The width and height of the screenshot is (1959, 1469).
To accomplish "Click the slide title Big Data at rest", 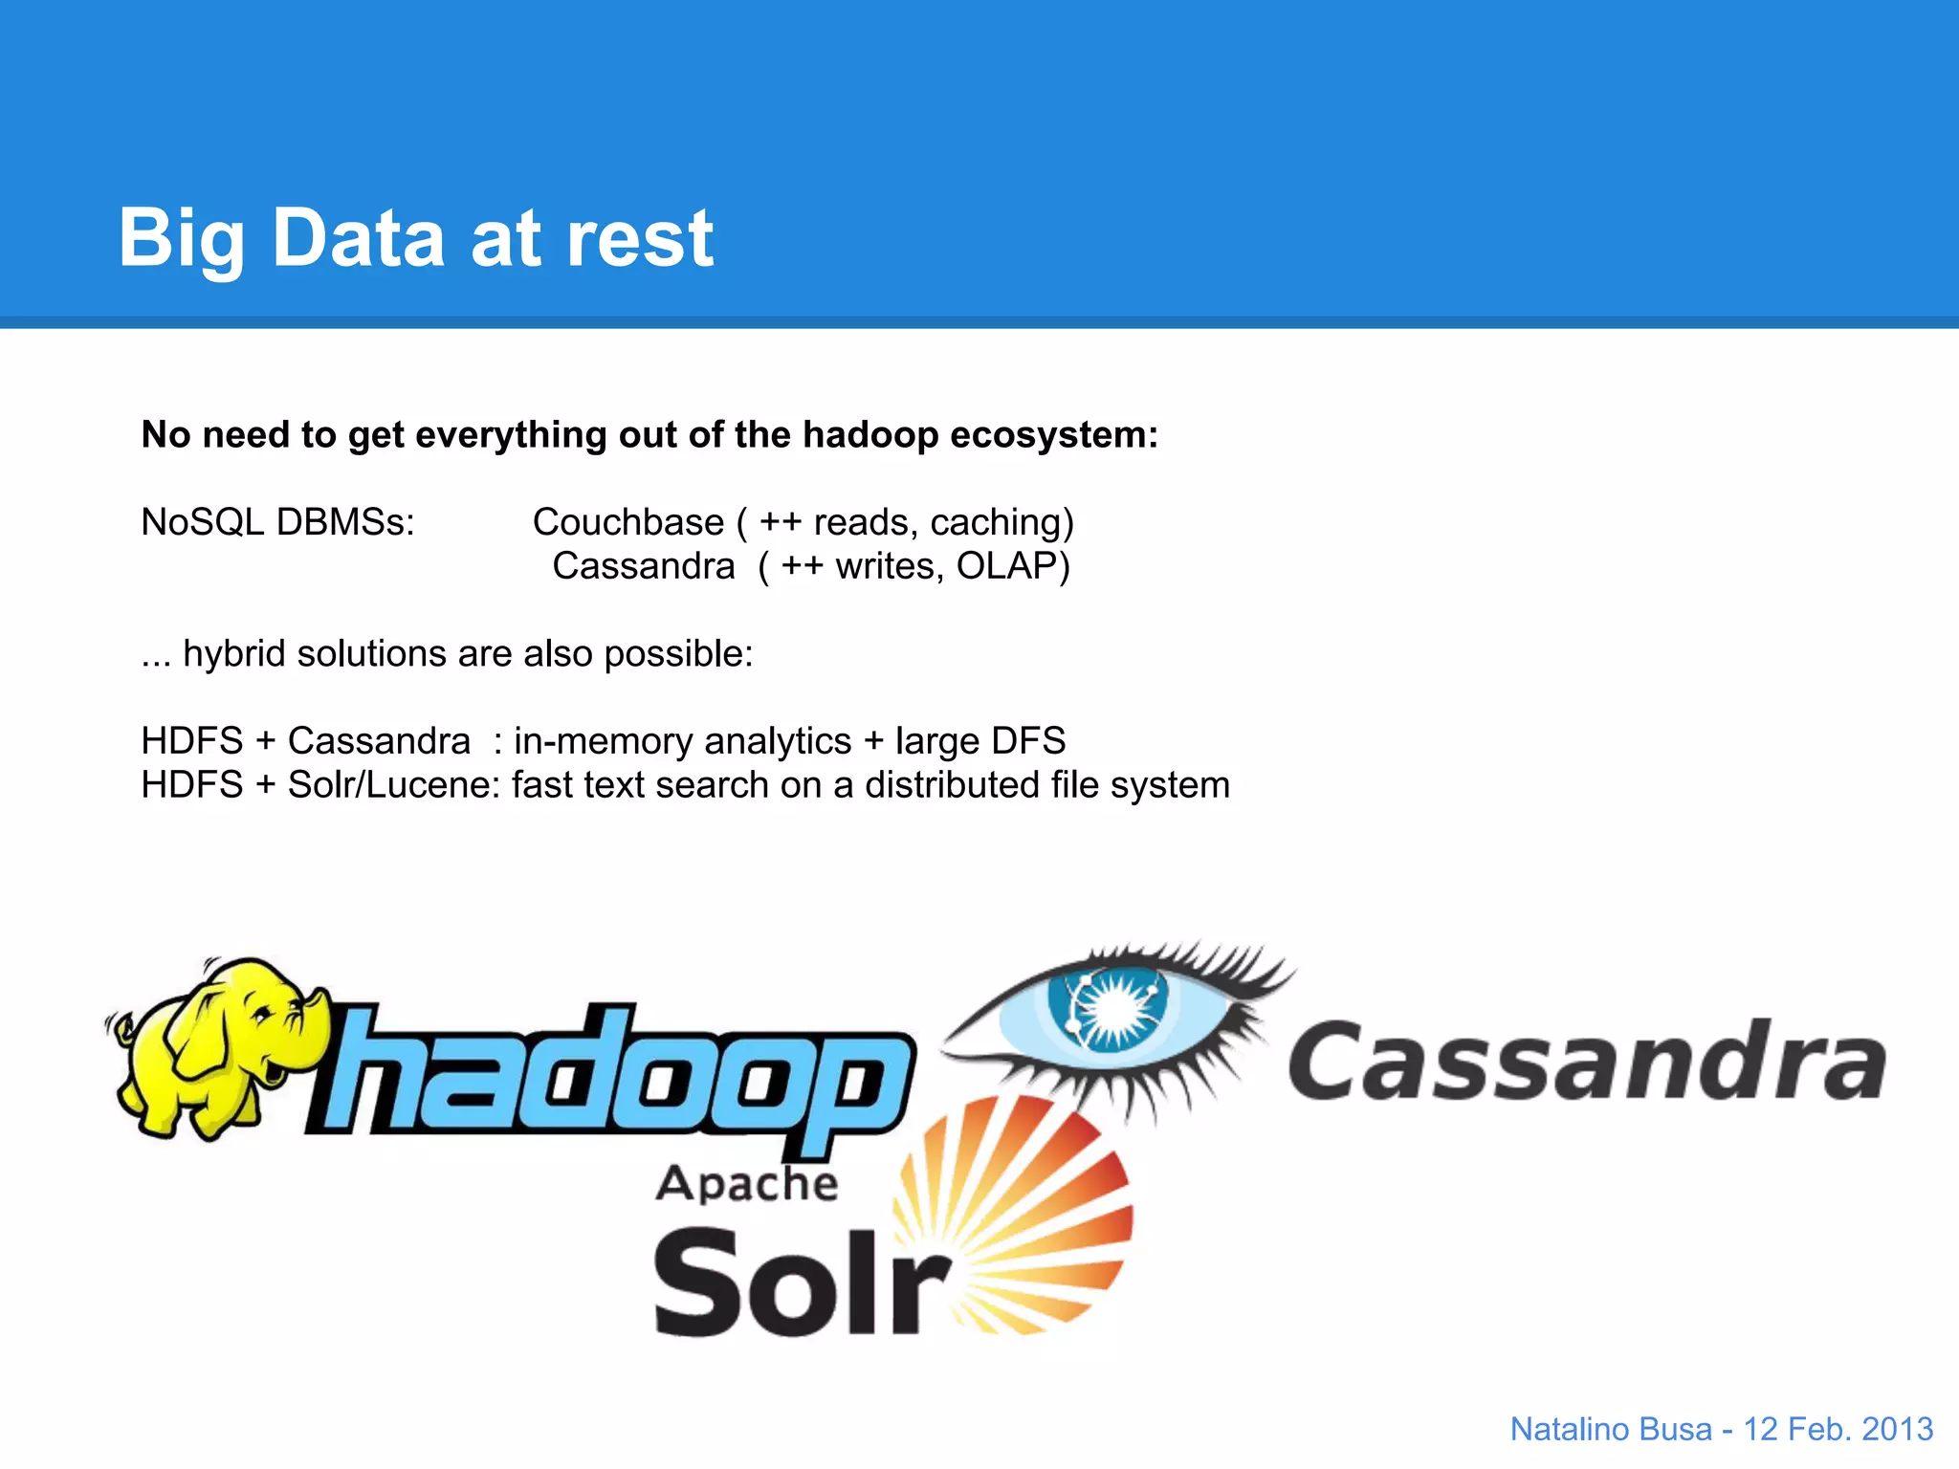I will tap(415, 238).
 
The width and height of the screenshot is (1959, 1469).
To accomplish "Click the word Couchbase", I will tap(627, 522).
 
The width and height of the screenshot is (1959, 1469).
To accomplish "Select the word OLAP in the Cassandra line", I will tap(1012, 566).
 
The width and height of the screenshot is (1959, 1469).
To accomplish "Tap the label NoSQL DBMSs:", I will tap(277, 522).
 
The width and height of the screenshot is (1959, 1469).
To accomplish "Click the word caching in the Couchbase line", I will tap(995, 522).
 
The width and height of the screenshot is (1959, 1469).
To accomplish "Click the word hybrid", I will tap(234, 654).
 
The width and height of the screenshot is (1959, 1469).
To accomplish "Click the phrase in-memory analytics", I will tap(682, 741).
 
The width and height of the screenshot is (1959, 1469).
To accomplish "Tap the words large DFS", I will tap(979, 741).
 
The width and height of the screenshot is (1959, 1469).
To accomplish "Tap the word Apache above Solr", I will tap(746, 1184).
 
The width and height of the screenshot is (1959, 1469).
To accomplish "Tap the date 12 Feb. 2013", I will tap(1838, 1429).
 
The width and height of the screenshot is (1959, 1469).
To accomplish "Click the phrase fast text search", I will tap(639, 785).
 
